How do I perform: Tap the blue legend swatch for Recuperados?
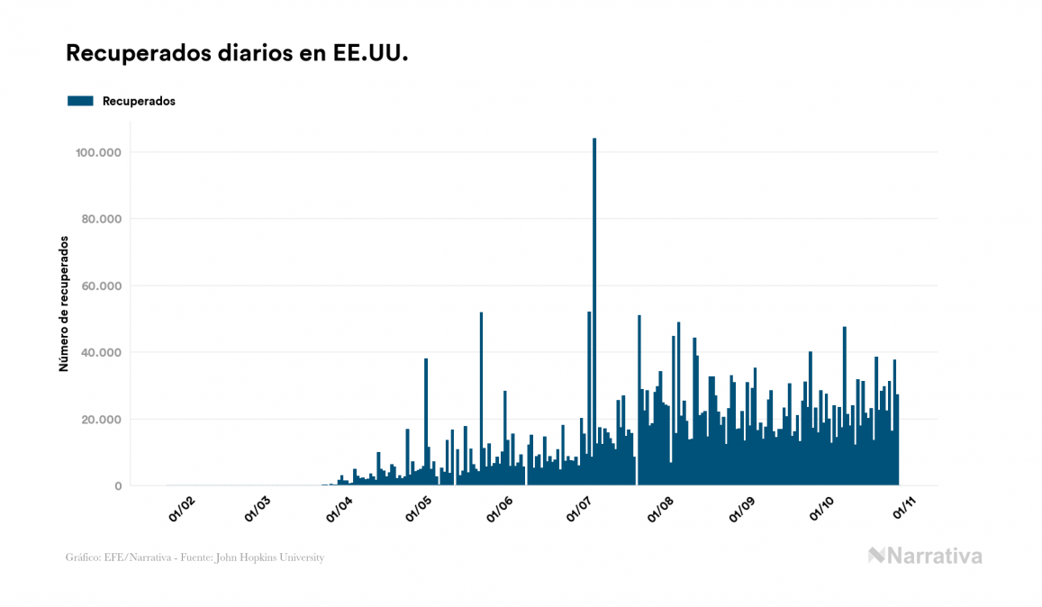[80, 101]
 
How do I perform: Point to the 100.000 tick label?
[100, 152]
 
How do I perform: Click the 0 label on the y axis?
[118, 485]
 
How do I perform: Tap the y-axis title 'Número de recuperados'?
[64, 304]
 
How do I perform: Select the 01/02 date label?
[182, 510]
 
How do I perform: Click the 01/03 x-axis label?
[258, 510]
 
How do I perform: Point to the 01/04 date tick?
[339, 510]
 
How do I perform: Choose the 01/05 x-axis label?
[419, 510]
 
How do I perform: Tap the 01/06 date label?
[499, 510]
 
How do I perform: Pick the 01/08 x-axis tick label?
[660, 510]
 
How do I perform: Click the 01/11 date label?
[904, 510]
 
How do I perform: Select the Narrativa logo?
[925, 556]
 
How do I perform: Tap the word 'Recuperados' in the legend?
[139, 101]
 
